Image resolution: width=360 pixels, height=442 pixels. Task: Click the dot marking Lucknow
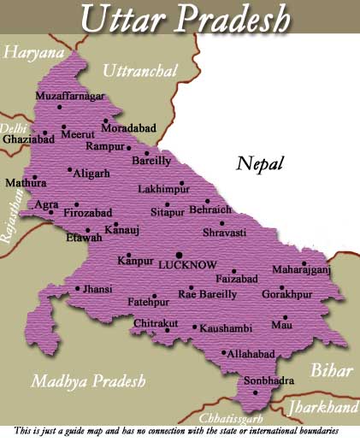pos(179,255)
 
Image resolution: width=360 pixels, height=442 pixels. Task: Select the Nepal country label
pos(261,163)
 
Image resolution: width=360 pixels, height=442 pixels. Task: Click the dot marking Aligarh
pos(69,169)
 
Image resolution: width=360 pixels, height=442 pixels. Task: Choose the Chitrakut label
pos(156,323)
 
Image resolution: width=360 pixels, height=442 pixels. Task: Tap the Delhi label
pos(13,127)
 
